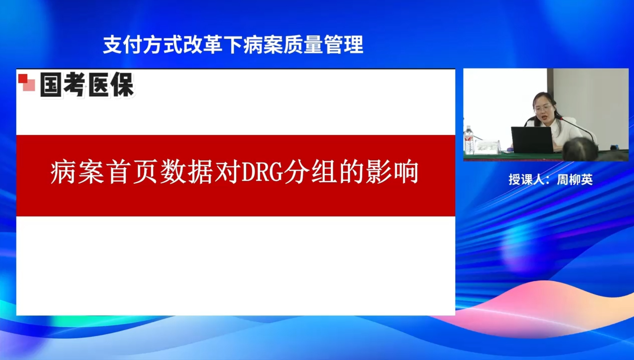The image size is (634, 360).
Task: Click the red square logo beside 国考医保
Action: pyautogui.click(x=27, y=83)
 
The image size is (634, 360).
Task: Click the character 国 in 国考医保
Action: pyautogui.click(x=51, y=85)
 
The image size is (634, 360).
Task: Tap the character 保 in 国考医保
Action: pyautogui.click(x=122, y=85)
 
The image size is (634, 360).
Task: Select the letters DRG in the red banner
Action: pyautogui.click(x=262, y=172)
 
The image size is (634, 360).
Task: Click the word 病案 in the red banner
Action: pyautogui.click(x=77, y=172)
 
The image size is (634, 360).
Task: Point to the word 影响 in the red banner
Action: pyautogui.click(x=392, y=172)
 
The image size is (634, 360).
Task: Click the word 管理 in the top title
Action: pyautogui.click(x=343, y=45)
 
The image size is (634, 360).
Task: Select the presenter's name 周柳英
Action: pyautogui.click(x=575, y=180)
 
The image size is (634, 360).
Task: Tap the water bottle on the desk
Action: pyautogui.click(x=469, y=140)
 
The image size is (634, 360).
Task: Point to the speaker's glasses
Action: pyautogui.click(x=542, y=108)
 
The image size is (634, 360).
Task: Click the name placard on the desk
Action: pyautogui.click(x=487, y=147)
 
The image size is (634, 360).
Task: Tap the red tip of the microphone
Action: pyautogui.click(x=562, y=118)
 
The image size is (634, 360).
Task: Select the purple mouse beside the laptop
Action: pyautogui.click(x=510, y=150)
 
